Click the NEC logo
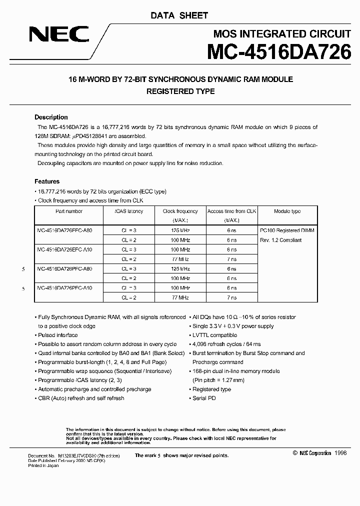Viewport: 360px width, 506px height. (x=59, y=34)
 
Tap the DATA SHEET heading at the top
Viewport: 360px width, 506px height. (x=179, y=15)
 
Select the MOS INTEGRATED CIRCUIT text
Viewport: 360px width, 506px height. (x=282, y=34)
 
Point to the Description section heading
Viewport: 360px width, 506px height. (x=51, y=117)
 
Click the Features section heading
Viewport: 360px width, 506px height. (x=47, y=181)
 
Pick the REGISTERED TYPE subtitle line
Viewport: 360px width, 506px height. (x=180, y=91)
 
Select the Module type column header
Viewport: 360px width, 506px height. (x=287, y=211)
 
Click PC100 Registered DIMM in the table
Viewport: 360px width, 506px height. (x=287, y=230)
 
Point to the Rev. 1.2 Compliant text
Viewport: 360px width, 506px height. (x=280, y=240)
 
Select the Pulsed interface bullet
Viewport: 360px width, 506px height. (x=58, y=335)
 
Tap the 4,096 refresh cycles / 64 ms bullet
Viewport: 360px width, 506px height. (x=226, y=344)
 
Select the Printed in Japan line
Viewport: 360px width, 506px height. (x=43, y=470)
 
